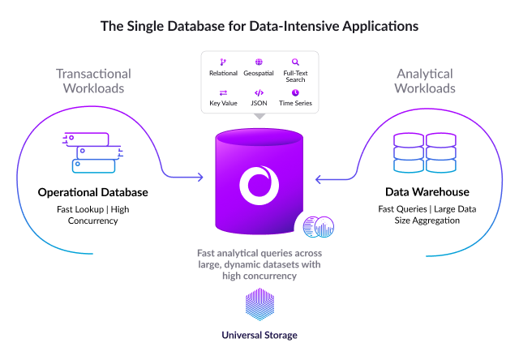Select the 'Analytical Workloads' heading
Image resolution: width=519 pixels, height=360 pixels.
(x=425, y=80)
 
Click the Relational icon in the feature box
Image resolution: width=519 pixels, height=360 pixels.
(x=223, y=62)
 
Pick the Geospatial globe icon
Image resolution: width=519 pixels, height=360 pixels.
(x=259, y=62)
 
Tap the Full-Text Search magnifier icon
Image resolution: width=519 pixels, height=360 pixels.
(x=295, y=62)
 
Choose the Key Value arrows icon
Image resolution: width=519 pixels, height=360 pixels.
(x=223, y=92)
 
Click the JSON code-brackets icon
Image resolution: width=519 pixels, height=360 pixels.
(x=259, y=92)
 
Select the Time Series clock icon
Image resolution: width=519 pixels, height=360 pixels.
(x=295, y=92)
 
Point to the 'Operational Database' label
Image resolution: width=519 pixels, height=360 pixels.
(x=92, y=193)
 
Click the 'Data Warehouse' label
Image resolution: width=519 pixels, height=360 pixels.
(x=427, y=193)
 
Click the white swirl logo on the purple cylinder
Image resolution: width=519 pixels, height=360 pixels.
(x=259, y=183)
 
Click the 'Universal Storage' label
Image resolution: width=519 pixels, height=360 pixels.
(x=259, y=335)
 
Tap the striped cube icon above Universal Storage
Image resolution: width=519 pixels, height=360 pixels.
(x=259, y=306)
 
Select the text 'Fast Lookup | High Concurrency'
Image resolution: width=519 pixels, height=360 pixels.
(x=92, y=216)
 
